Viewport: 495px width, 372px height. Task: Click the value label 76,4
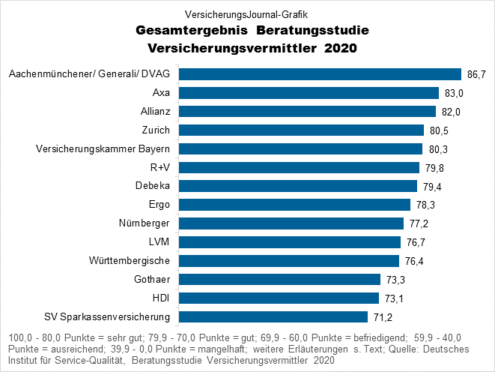click(415, 261)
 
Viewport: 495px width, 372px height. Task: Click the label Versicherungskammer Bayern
click(103, 149)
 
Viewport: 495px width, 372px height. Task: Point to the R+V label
click(160, 167)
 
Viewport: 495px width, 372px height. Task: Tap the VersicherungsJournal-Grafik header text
click(246, 13)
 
